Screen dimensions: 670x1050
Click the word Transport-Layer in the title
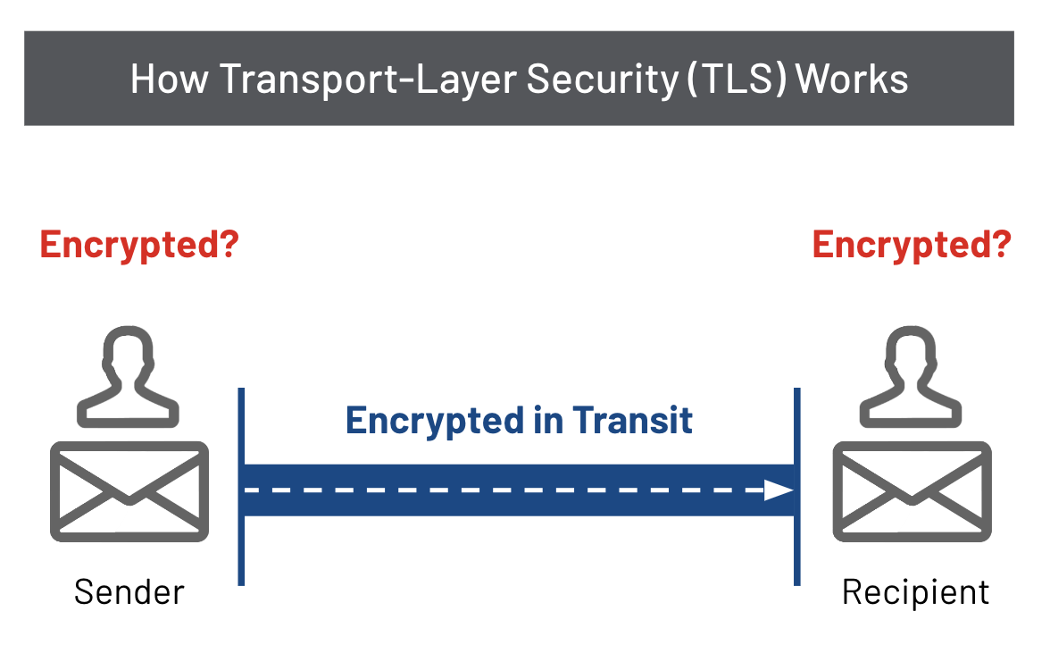(x=365, y=79)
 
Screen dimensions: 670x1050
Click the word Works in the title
(x=852, y=79)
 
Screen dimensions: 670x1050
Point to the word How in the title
(x=170, y=79)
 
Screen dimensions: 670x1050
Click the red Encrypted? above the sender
(x=139, y=244)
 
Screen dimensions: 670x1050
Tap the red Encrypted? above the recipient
(x=912, y=244)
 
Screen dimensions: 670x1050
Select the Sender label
(x=129, y=591)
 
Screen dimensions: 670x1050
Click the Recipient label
(x=916, y=591)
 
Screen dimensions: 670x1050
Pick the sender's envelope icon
(x=129, y=491)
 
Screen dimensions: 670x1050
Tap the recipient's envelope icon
(x=912, y=491)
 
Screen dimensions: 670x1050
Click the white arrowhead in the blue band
(x=779, y=490)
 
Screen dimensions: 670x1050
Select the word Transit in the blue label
(x=633, y=421)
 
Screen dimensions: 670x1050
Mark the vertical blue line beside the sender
(x=241, y=487)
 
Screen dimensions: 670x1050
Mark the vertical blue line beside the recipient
(x=796, y=487)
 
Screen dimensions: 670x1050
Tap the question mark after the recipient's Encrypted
(x=1001, y=244)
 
